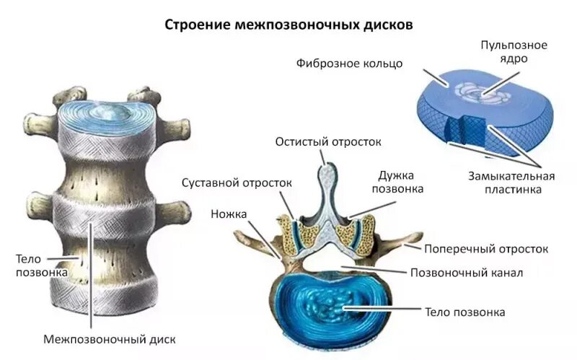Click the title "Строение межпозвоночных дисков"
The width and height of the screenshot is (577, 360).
coord(289,25)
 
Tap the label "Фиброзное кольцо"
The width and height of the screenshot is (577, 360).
coord(349,63)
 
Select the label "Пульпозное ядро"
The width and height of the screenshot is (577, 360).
coord(514,52)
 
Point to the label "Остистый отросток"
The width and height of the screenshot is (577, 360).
coord(327,141)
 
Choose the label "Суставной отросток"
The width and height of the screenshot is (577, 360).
coord(236,183)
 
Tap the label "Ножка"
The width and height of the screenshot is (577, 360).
coord(229,214)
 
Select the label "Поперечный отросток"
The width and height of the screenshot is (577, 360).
coord(486,248)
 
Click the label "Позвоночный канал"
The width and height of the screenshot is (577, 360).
coord(466,273)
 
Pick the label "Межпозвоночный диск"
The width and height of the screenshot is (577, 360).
coord(110,338)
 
